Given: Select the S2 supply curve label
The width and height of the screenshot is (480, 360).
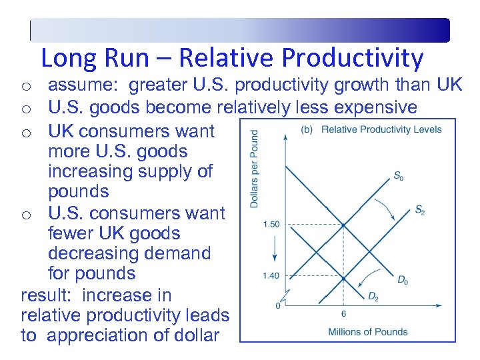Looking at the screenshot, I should [419, 211].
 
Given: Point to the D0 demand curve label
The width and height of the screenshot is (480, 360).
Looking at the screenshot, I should [402, 281].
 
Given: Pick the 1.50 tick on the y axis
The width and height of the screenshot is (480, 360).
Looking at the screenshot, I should [271, 224].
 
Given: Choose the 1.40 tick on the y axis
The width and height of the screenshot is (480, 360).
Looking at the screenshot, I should [271, 275].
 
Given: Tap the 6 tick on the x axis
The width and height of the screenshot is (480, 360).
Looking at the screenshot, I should [343, 313].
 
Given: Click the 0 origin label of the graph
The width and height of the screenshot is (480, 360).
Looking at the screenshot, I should [278, 306].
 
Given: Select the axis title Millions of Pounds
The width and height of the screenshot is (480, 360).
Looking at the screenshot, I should [368, 331].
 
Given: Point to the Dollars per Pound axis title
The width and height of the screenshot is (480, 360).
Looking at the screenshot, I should [254, 169].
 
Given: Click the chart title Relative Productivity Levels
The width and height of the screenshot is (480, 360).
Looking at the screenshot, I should [381, 129].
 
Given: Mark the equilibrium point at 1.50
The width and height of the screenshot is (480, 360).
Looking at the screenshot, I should [343, 225].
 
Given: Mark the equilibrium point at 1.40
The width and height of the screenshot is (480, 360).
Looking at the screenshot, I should [343, 277].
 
